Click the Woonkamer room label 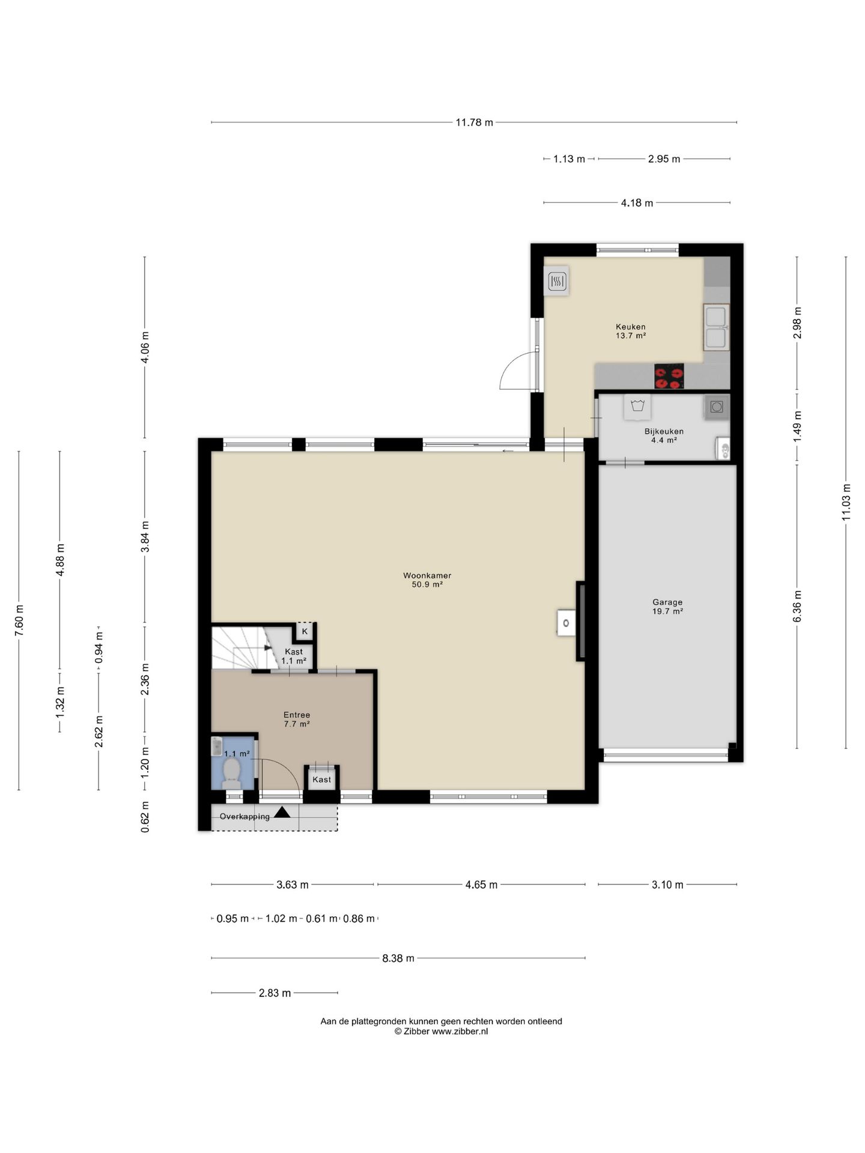[x=427, y=575]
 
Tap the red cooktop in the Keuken [x=669, y=377]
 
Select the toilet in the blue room [x=231, y=772]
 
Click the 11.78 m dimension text [x=474, y=123]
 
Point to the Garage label [x=667, y=602]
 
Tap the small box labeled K [x=305, y=631]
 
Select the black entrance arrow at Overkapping [x=282, y=813]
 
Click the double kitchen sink [x=716, y=327]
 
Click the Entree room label [x=297, y=715]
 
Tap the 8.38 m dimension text [x=398, y=958]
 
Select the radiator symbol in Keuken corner [x=557, y=280]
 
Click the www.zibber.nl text [x=460, y=1031]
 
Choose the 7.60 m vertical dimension [x=19, y=622]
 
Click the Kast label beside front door [x=321, y=779]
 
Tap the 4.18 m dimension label [x=637, y=203]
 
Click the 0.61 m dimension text [x=321, y=919]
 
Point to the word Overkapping [x=244, y=817]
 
